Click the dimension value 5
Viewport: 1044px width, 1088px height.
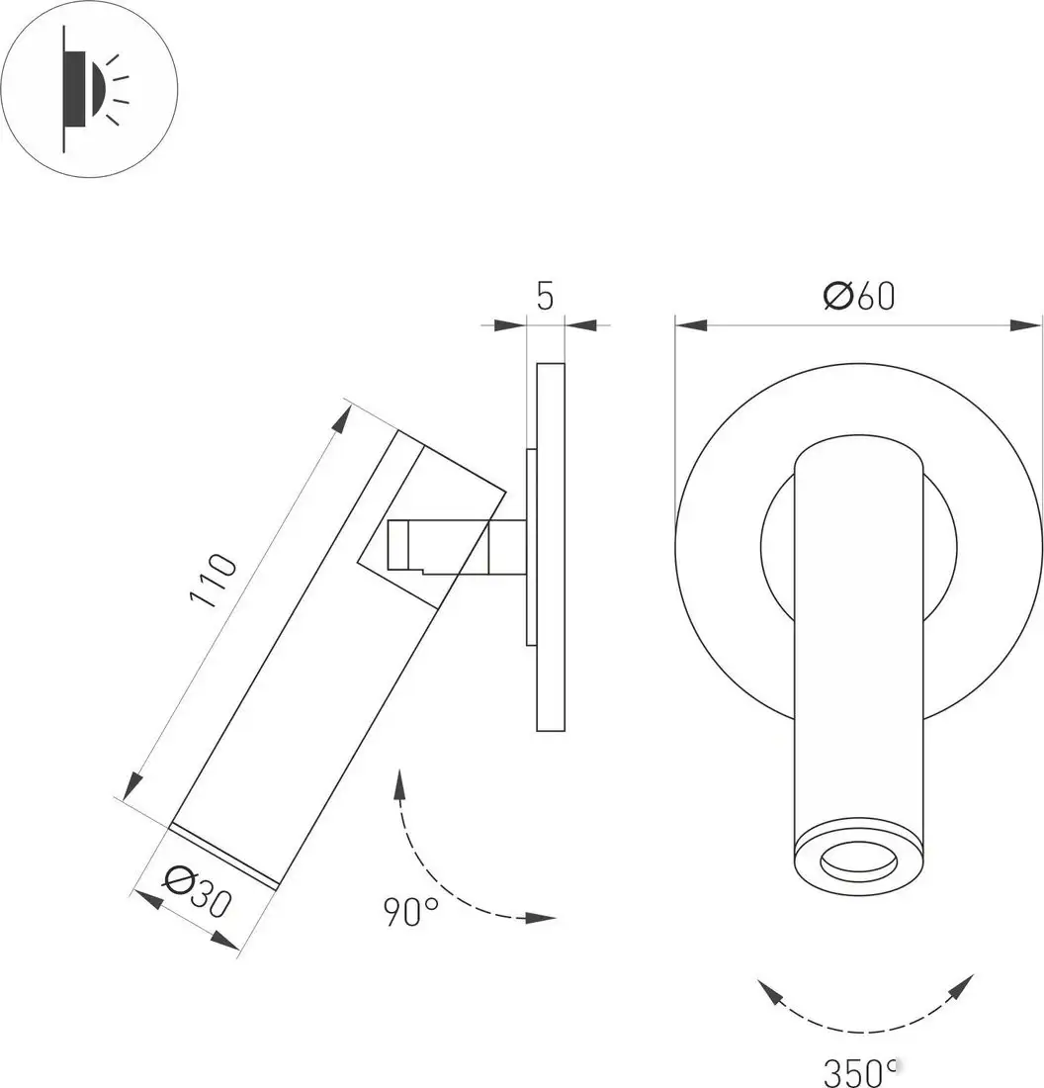546,296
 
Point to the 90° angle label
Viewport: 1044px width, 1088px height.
411,910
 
